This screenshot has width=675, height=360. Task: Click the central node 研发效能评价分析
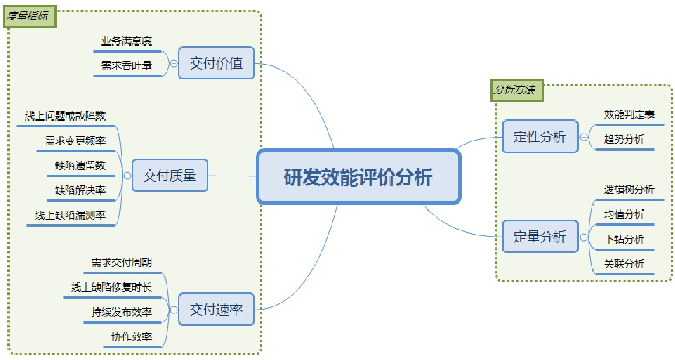[358, 177]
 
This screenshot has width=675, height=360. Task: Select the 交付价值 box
[216, 63]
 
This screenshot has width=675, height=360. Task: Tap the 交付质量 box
[170, 175]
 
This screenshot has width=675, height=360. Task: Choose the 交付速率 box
[216, 309]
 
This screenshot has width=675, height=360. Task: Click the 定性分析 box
[540, 137]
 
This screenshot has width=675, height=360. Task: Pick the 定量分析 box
[540, 236]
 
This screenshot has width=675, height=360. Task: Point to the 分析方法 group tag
[515, 90]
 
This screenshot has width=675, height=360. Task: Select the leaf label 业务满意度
[126, 41]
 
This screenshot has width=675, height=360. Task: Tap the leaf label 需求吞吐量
[126, 66]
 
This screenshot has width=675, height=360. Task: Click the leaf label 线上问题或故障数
[65, 116]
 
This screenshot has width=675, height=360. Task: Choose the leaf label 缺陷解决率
[80, 190]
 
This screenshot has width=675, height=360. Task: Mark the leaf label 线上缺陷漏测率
[70, 215]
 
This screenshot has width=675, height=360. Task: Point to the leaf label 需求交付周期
[121, 262]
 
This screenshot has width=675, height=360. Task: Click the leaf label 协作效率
[131, 336]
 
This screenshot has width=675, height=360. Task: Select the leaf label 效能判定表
[629, 114]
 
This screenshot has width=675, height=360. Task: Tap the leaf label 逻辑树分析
[629, 189]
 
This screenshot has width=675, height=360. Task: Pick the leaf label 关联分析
[624, 264]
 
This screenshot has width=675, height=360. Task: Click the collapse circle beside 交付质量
[127, 175]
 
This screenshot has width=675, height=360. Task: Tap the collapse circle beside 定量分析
[584, 236]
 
